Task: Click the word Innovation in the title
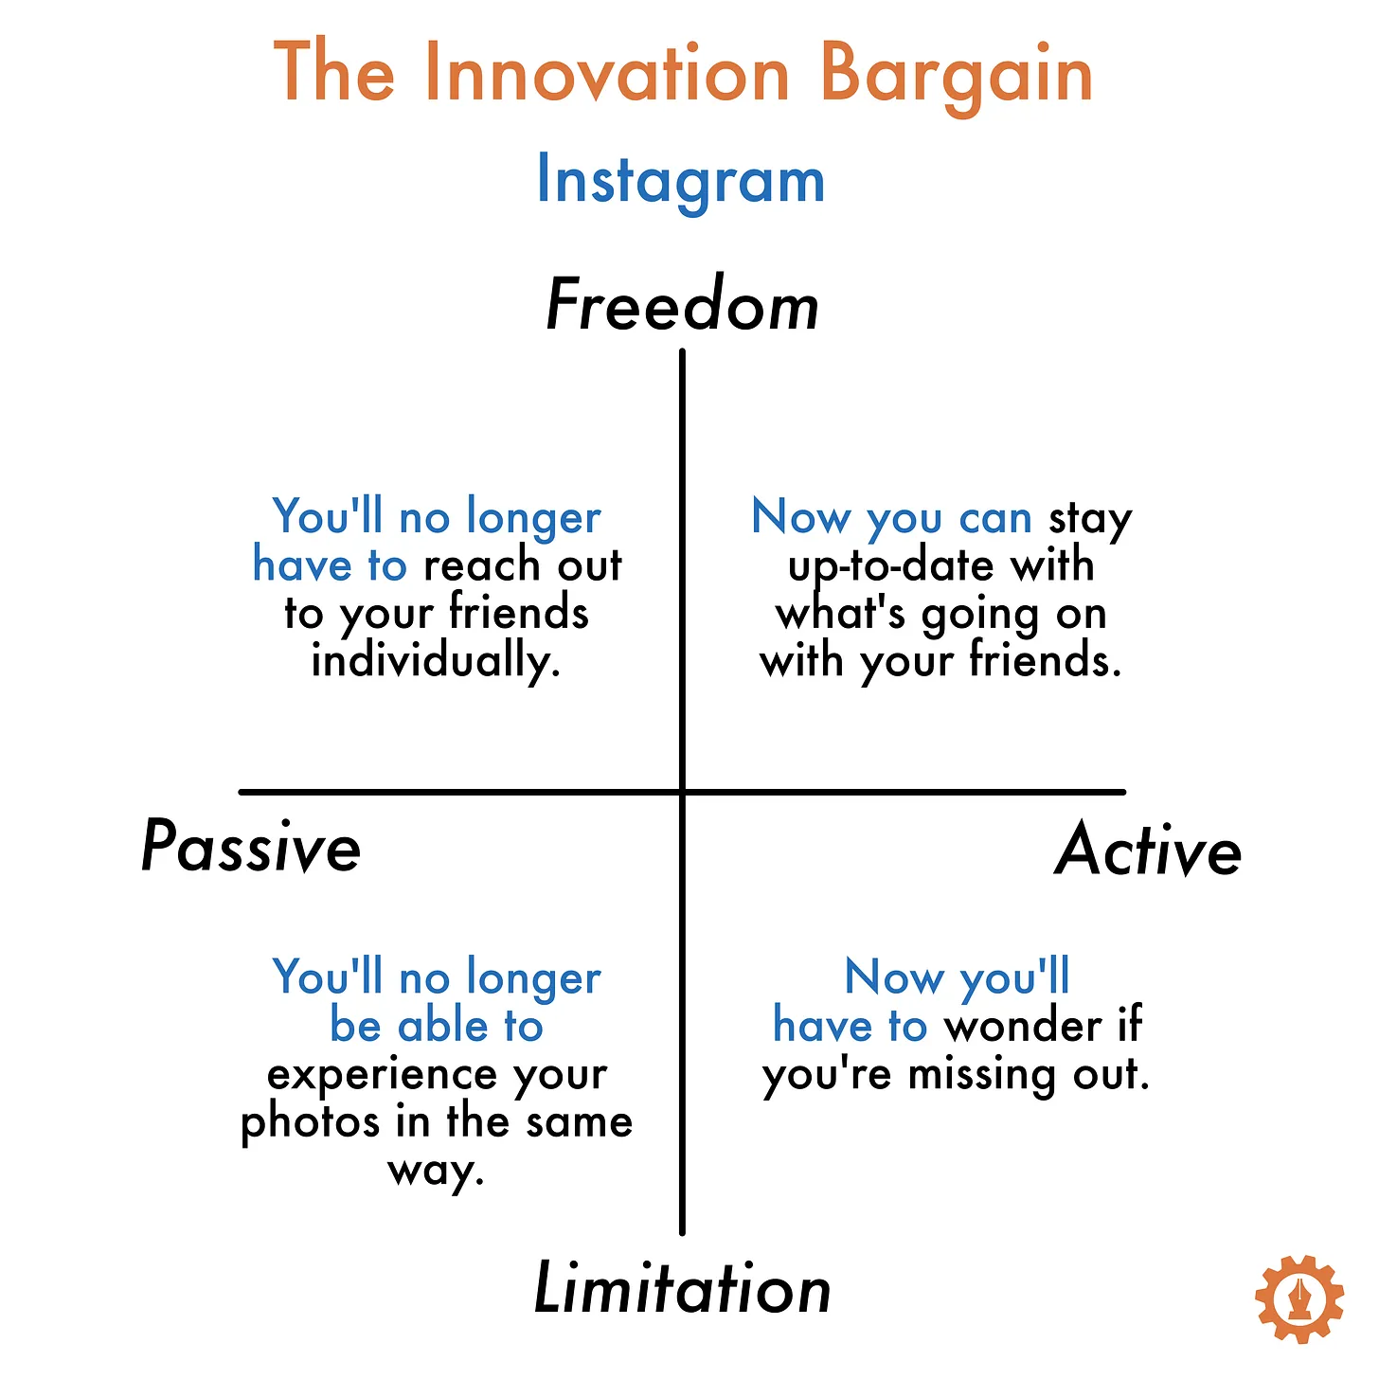pos(607,73)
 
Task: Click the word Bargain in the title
pos(957,78)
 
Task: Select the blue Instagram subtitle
pos(681,182)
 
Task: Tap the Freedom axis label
pos(682,305)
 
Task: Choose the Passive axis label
pos(251,848)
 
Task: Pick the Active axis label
pos(1148,850)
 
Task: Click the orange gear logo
pos(1298,1298)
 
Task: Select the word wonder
pos(1023,1026)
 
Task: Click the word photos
pos(309,1123)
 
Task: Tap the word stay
pos(1090,518)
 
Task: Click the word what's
pos(840,614)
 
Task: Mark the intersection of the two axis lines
pos(682,792)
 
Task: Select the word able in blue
pos(443,1026)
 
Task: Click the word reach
pos(482,565)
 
